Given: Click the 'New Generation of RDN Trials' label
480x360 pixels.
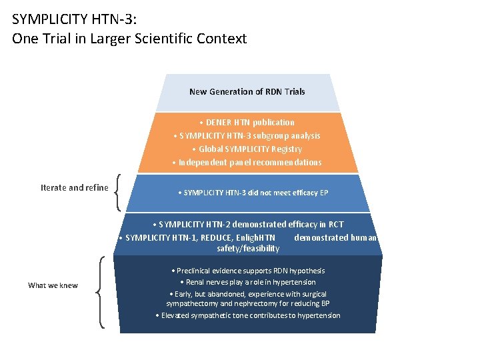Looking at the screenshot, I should tap(247, 92).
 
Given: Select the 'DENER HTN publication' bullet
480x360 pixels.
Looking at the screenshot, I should tap(247, 122).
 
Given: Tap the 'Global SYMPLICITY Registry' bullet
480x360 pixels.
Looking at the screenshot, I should tap(247, 149).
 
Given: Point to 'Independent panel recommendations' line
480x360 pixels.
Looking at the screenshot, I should tap(247, 162).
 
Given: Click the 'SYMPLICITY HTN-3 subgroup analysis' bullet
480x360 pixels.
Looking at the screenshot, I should tap(247, 135).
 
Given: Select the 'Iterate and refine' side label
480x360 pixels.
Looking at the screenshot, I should tap(74, 187).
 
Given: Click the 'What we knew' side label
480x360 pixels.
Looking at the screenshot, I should tap(53, 285).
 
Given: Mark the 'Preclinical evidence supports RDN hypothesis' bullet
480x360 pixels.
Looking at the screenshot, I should tap(247, 271).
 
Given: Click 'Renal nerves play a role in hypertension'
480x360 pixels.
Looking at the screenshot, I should tap(247, 282).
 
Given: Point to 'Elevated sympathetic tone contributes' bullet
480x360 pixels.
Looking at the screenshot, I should tap(247, 315).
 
